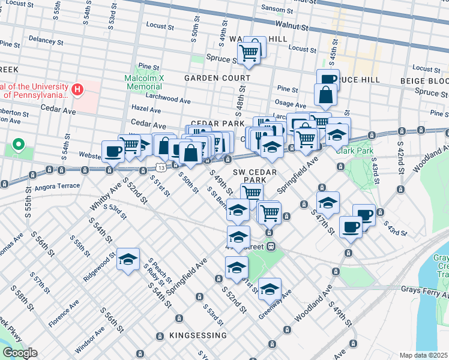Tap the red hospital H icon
(77, 91)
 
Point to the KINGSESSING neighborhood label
(190, 335)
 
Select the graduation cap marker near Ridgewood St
(128, 259)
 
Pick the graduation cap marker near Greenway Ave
(270, 289)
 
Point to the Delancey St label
(45, 40)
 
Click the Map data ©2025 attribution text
(423, 355)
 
